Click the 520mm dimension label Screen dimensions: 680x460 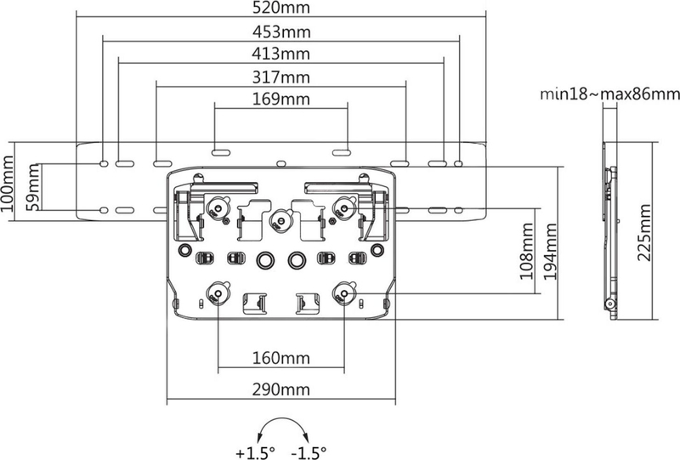(x=281, y=8)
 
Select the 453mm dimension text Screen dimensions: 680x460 (x=281, y=32)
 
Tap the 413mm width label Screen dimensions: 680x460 (x=281, y=54)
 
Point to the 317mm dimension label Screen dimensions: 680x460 (x=281, y=77)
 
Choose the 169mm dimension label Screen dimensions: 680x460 (x=281, y=99)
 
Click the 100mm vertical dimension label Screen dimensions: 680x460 (x=8, y=183)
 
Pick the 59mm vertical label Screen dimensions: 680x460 (x=32, y=187)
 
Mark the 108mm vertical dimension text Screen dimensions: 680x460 (x=527, y=252)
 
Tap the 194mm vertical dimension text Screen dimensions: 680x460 (x=550, y=252)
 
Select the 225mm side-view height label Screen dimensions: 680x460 (x=644, y=233)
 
